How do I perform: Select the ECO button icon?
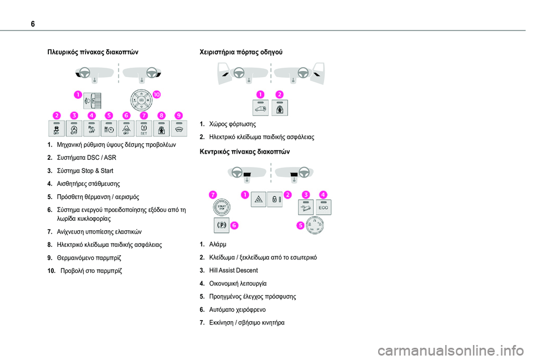(324, 207)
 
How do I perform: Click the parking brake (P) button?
(221, 225)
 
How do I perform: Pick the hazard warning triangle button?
(259, 199)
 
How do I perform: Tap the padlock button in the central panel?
(275, 199)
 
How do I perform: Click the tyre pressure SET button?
(143, 129)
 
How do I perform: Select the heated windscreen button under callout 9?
(179, 129)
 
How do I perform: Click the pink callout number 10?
(157, 94)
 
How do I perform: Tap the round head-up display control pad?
(141, 100)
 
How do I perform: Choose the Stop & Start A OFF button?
(74, 129)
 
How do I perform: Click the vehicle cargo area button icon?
(260, 107)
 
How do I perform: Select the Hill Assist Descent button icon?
(306, 207)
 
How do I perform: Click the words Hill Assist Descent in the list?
(234, 271)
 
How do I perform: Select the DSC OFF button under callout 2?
(56, 129)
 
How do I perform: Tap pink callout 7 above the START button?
(212, 194)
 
